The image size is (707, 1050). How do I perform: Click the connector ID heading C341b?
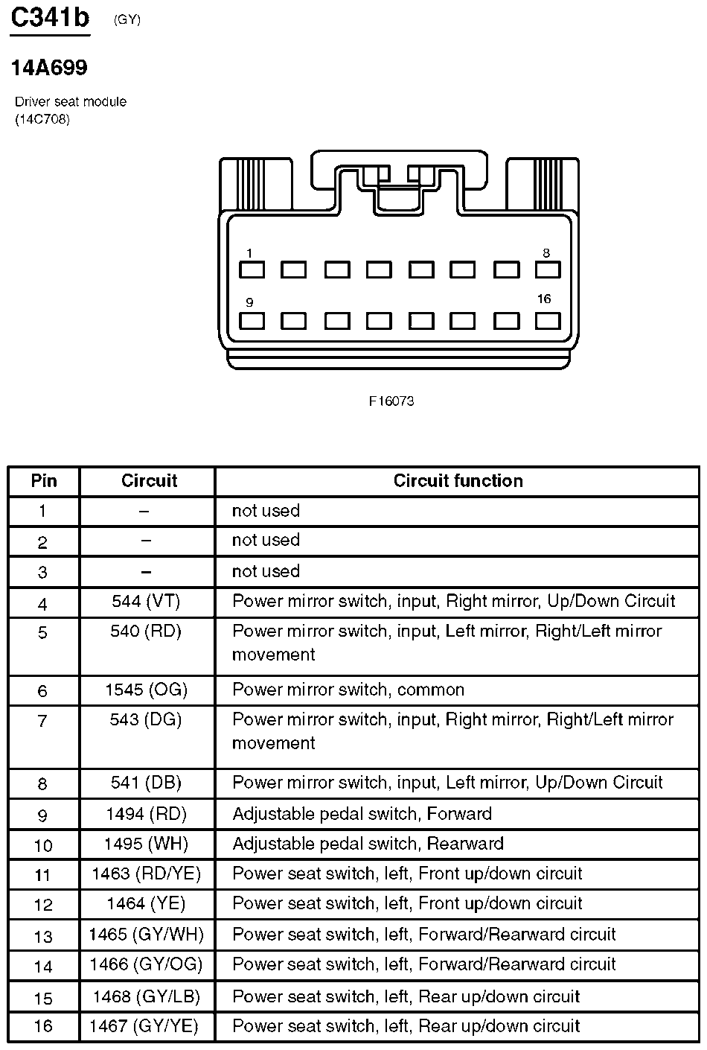50,17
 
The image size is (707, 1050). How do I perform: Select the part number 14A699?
49,68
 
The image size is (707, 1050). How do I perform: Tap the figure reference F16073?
391,401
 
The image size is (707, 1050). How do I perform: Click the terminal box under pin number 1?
252,269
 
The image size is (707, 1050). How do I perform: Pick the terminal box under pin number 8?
547,269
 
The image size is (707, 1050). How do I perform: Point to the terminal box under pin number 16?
547,321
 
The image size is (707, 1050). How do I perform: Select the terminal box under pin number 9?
252,321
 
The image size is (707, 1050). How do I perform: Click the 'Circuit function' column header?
458,481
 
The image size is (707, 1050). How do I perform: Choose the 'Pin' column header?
44,481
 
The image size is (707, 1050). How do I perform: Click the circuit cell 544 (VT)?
147,602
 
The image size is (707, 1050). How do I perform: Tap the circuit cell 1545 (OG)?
147,690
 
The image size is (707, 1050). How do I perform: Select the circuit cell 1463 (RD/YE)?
147,874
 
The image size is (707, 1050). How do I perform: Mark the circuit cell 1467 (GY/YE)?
144,1027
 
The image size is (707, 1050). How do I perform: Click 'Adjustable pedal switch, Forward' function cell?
362,814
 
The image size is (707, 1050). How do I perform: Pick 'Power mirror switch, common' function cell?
348,690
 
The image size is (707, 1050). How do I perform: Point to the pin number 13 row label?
43,936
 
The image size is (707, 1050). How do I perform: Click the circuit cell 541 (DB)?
147,783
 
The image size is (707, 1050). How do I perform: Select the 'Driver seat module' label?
71,102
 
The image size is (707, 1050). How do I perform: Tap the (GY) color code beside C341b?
127,20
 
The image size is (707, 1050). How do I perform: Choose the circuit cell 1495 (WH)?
147,844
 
